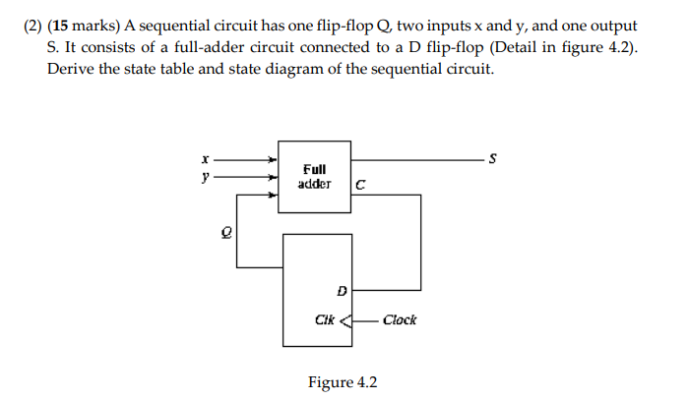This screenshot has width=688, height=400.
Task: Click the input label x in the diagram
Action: pyautogui.click(x=204, y=157)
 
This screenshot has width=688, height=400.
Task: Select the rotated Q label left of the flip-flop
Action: pyautogui.click(x=224, y=231)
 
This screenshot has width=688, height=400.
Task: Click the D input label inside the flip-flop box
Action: pyautogui.click(x=342, y=290)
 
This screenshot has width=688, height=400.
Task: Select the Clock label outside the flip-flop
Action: pyautogui.click(x=399, y=320)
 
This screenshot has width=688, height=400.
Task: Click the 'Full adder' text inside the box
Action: pyautogui.click(x=315, y=176)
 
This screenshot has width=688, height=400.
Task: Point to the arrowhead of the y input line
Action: pyautogui.click(x=274, y=178)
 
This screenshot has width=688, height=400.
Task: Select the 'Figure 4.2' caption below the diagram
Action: pyautogui.click(x=342, y=382)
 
